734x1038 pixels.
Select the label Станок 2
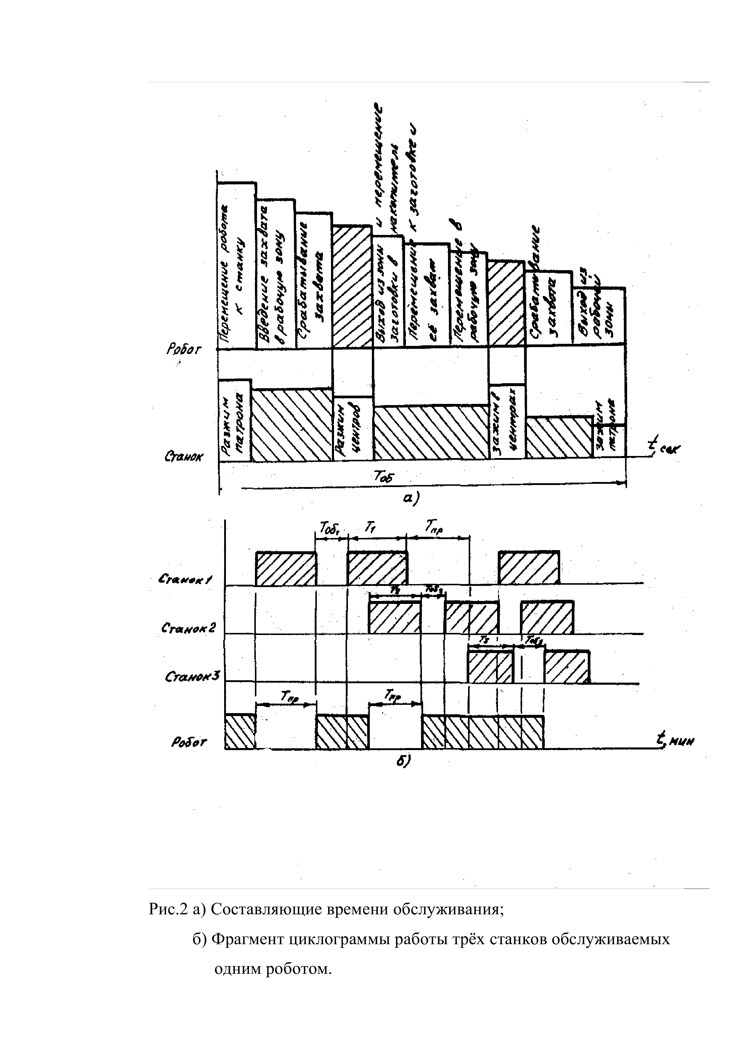tap(189, 628)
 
